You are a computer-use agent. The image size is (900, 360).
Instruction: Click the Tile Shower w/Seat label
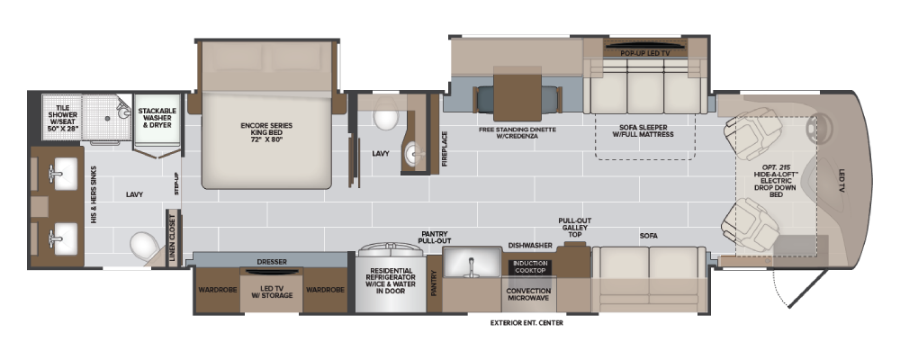coord(63,118)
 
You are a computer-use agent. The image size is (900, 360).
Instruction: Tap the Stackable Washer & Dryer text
coord(157,118)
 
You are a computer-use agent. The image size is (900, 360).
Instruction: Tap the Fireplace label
coord(445,148)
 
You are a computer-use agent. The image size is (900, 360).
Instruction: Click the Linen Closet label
coord(172,238)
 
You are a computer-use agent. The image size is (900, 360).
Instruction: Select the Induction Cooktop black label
coord(530,267)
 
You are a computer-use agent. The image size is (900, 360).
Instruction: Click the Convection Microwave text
coord(528,294)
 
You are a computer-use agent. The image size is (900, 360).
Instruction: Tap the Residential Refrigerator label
coord(391,281)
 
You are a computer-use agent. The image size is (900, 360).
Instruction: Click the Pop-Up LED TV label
coord(645,53)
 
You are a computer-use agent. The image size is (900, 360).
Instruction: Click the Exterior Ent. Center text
coord(526,323)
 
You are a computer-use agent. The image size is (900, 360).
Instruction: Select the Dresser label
coord(272,262)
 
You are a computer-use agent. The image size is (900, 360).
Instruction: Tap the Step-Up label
coord(176,184)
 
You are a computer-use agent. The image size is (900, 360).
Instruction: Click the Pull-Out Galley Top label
coord(574,228)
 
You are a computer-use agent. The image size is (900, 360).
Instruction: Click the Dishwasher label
coord(530,245)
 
